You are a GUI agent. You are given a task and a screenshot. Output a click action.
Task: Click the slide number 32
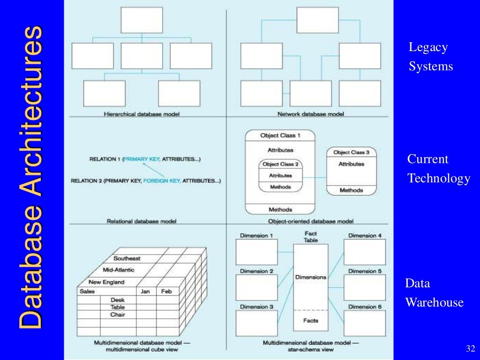[470, 349]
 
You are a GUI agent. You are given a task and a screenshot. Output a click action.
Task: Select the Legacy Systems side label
[430, 57]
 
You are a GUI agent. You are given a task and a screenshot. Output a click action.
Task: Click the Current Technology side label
[438, 169]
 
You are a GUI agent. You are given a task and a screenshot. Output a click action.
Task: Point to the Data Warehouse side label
[434, 293]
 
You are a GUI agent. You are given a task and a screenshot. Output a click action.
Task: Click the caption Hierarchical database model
[142, 114]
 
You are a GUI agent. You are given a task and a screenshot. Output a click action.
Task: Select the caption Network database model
[310, 114]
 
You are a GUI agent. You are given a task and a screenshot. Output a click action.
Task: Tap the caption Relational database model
[142, 221]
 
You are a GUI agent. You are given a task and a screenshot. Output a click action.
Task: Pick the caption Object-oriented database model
[311, 221]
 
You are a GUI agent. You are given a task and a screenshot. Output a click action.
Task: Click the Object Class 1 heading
[280, 135]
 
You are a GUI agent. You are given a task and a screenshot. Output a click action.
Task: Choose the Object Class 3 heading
[351, 152]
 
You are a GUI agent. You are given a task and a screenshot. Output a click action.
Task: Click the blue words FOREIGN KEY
[161, 180]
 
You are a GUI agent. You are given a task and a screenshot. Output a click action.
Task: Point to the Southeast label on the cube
[127, 258]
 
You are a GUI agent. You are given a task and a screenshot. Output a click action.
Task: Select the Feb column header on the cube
[166, 292]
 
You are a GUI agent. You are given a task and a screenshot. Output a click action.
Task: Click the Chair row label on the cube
[117, 315]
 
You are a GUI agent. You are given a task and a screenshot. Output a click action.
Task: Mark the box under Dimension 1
[256, 252]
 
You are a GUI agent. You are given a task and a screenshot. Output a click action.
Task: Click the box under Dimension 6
[365, 323]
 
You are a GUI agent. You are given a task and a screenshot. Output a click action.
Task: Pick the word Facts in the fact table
[310, 321]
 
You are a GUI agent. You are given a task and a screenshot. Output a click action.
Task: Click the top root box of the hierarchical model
[142, 20]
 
